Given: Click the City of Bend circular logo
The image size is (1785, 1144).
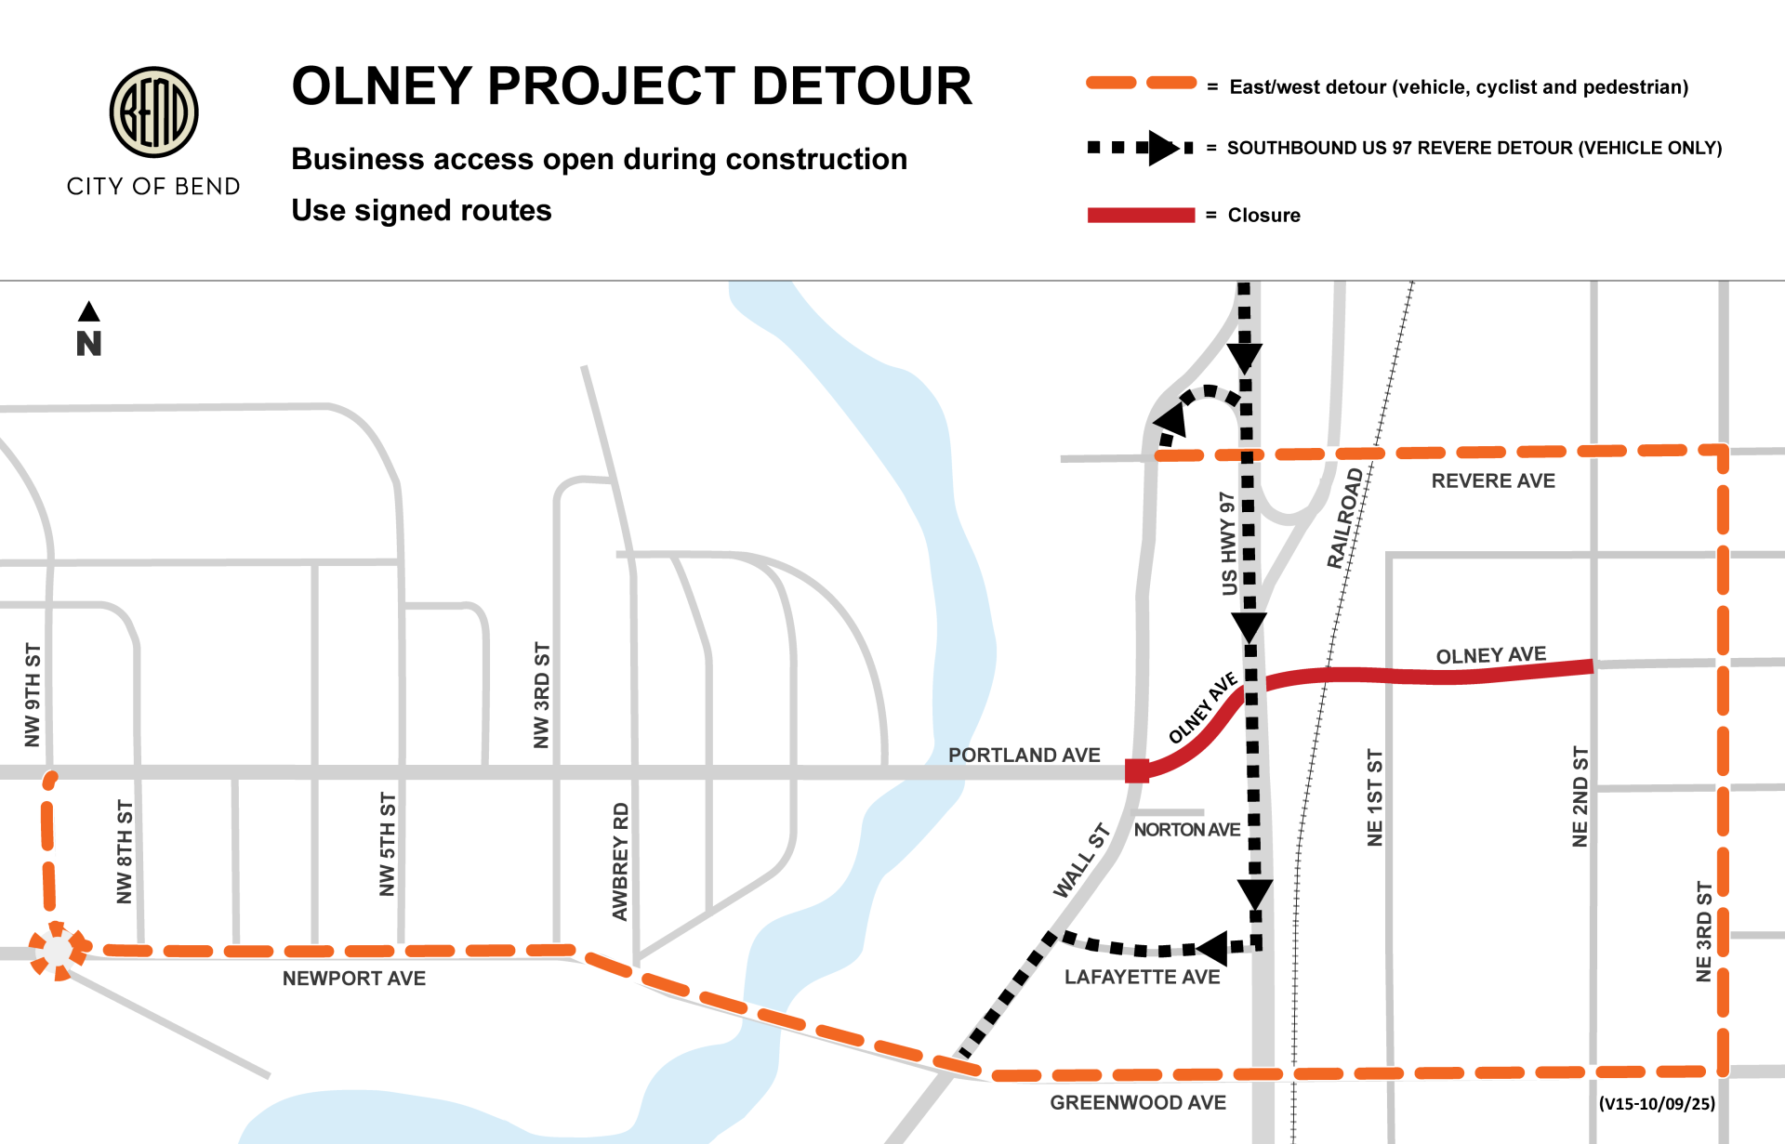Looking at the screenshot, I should point(153,112).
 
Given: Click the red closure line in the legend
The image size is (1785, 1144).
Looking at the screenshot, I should point(1141,216).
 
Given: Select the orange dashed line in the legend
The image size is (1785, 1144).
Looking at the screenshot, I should point(1141,84).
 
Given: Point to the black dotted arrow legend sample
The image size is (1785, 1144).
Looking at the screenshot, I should point(1141,148).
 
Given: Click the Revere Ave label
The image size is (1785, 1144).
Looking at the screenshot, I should point(1492,481).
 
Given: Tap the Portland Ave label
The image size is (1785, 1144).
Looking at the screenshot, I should point(1024,756).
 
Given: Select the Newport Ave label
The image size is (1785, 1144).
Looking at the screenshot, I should point(353,979).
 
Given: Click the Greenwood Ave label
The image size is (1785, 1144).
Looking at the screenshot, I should point(1137,1103).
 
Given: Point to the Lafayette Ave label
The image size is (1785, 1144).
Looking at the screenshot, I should point(1142,978).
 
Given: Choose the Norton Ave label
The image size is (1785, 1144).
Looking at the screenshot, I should point(1186,830).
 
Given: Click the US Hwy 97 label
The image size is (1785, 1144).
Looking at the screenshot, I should point(1229,544).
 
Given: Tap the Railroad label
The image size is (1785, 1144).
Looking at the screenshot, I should point(1344,519).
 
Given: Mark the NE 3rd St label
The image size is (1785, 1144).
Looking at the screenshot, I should point(1703,932).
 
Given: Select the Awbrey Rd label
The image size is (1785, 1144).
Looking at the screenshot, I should point(620,861).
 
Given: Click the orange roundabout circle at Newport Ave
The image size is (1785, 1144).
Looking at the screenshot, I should point(58,950).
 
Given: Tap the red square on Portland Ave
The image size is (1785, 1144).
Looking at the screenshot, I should point(1136,770).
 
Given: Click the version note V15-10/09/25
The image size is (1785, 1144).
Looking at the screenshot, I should point(1657,1104).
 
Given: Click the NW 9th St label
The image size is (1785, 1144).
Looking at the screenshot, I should point(33,694).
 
